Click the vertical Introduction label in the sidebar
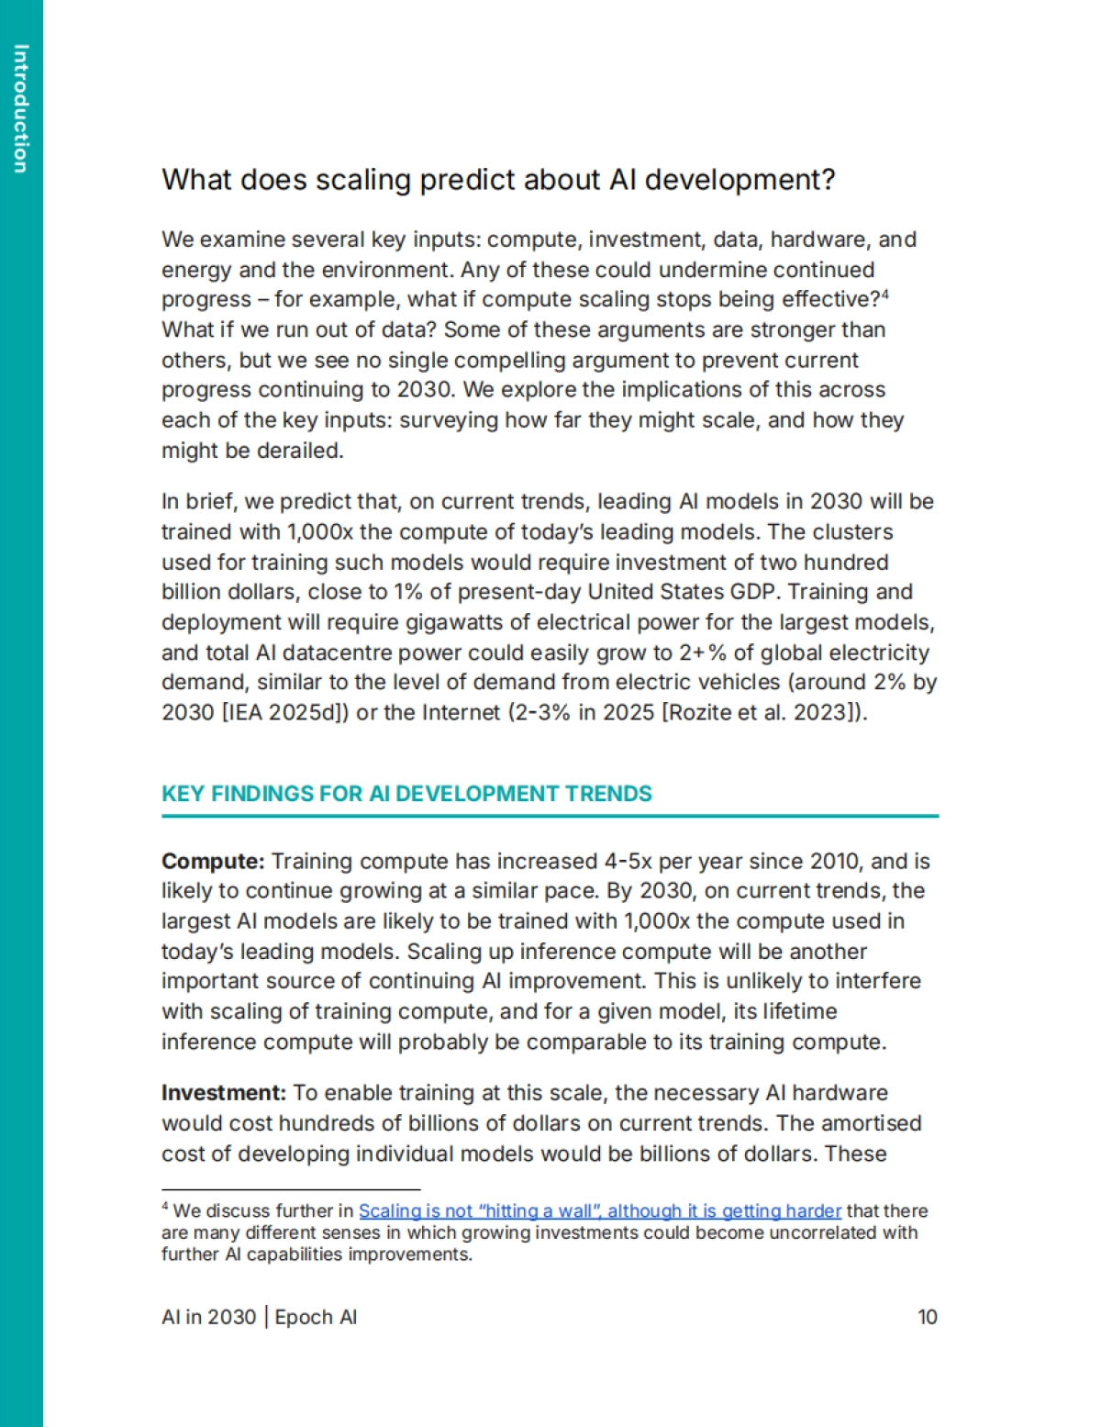click(x=21, y=108)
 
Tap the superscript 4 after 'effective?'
click(x=885, y=295)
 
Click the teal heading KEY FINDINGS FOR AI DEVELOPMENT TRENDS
click(x=406, y=794)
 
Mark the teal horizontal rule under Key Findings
click(x=550, y=815)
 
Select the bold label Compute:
click(x=213, y=862)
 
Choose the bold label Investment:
click(x=224, y=1093)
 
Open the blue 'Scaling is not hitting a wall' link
click(x=599, y=1211)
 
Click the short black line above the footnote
click(x=290, y=1189)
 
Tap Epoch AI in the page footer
click(x=316, y=1318)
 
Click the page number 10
click(x=928, y=1318)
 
